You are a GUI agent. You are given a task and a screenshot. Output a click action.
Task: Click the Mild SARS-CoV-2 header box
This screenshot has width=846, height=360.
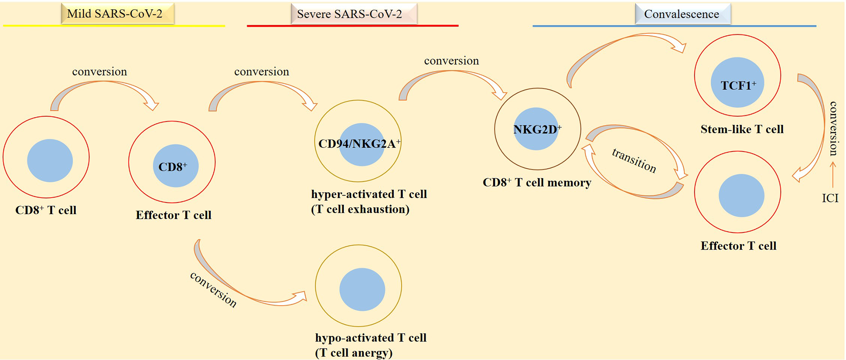pyautogui.click(x=118, y=14)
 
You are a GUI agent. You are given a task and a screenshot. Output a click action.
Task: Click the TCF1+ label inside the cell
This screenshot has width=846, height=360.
pyautogui.click(x=738, y=86)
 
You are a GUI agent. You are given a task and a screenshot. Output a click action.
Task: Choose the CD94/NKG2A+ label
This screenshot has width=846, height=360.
pyautogui.click(x=359, y=144)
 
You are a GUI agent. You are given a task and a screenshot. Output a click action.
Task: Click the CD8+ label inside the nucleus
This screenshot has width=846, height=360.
pyautogui.click(x=172, y=167)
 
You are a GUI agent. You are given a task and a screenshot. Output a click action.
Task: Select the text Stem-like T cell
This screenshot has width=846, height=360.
pyautogui.click(x=742, y=129)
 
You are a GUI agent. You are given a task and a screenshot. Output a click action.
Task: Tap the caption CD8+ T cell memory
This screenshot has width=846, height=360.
pyautogui.click(x=537, y=183)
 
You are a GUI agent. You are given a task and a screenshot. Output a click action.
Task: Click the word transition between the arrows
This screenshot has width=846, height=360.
pyautogui.click(x=634, y=160)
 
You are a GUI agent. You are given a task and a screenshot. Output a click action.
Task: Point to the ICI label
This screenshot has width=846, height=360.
pyautogui.click(x=830, y=198)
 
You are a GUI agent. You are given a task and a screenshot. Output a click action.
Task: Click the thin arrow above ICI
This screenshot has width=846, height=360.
pyautogui.click(x=833, y=175)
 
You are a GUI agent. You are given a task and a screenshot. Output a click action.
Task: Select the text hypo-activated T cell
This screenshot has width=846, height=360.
pyautogui.click(x=371, y=338)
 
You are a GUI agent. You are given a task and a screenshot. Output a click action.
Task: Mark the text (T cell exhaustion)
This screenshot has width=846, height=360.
pyautogui.click(x=360, y=210)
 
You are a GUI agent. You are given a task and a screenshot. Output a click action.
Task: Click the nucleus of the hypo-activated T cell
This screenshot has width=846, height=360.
pyautogui.click(x=362, y=290)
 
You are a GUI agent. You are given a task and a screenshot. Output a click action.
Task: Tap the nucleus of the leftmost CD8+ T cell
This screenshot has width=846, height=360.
pyautogui.click(x=50, y=161)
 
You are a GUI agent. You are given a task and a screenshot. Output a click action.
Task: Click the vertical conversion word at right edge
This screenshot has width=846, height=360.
pyautogui.click(x=833, y=129)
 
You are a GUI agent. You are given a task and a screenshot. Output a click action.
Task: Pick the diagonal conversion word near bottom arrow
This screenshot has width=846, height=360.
pyautogui.click(x=213, y=290)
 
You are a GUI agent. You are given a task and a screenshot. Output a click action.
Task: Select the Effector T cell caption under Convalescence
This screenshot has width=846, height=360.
pyautogui.click(x=738, y=246)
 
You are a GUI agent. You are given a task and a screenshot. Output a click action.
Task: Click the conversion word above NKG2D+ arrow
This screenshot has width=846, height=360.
pyautogui.click(x=451, y=61)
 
